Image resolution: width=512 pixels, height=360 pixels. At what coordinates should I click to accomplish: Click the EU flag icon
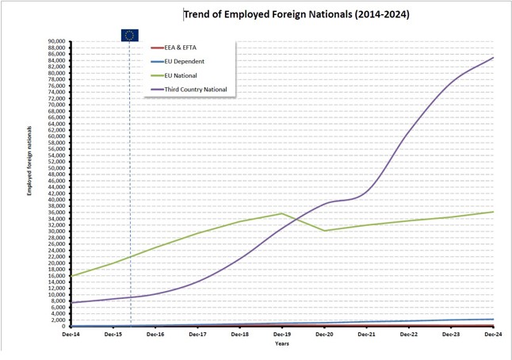(129, 34)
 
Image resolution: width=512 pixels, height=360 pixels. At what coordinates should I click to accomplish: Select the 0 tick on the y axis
(63, 326)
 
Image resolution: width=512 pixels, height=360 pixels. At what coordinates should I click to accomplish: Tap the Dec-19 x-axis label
(282, 335)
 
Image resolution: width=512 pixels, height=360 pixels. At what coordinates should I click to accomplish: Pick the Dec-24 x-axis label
(493, 335)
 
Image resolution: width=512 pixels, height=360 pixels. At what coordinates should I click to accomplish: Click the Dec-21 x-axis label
(366, 335)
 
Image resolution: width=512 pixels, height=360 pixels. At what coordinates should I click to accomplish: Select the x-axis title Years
(282, 344)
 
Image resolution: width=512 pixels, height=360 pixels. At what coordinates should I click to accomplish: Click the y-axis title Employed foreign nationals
(29, 159)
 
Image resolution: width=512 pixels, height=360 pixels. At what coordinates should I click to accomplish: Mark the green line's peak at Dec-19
(282, 213)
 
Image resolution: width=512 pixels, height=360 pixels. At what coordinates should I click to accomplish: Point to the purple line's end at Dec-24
(493, 57)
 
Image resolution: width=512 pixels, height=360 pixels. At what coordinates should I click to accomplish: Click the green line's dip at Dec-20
(324, 231)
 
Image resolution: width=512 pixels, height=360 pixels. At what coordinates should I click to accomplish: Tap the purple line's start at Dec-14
(71, 302)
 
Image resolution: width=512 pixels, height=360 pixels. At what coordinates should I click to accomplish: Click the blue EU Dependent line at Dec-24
(493, 320)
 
